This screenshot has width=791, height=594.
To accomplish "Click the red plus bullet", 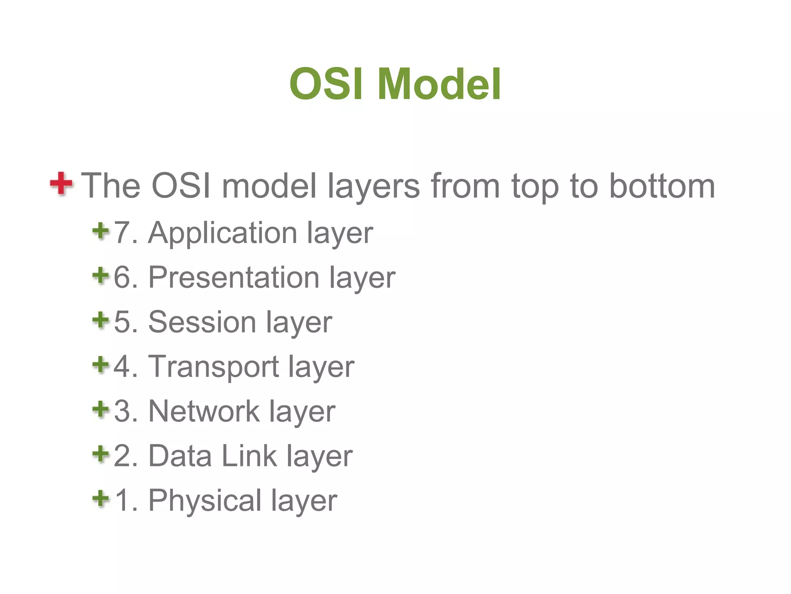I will pos(61,183).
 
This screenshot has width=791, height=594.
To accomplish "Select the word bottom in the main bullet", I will pos(662,186).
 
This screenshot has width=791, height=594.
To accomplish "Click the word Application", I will pos(222,234).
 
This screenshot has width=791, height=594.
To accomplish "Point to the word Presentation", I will pos(234,278).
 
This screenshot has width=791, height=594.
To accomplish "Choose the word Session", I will pos(202,322).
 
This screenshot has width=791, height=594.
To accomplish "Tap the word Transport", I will pos(213,367).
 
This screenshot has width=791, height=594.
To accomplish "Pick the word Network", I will pos(204,411).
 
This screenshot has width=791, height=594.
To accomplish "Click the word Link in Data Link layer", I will pos(249,456).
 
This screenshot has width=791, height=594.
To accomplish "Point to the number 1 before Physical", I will pos(123,500).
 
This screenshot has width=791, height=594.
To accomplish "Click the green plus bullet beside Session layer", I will pos(101,320).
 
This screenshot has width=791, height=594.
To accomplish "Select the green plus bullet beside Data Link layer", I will pos(101,454).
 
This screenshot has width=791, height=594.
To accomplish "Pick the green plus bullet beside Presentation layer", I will pos(101,276).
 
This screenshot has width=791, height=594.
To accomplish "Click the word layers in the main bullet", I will pos(373,186).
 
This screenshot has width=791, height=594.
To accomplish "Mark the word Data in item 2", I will pos(180,456).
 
